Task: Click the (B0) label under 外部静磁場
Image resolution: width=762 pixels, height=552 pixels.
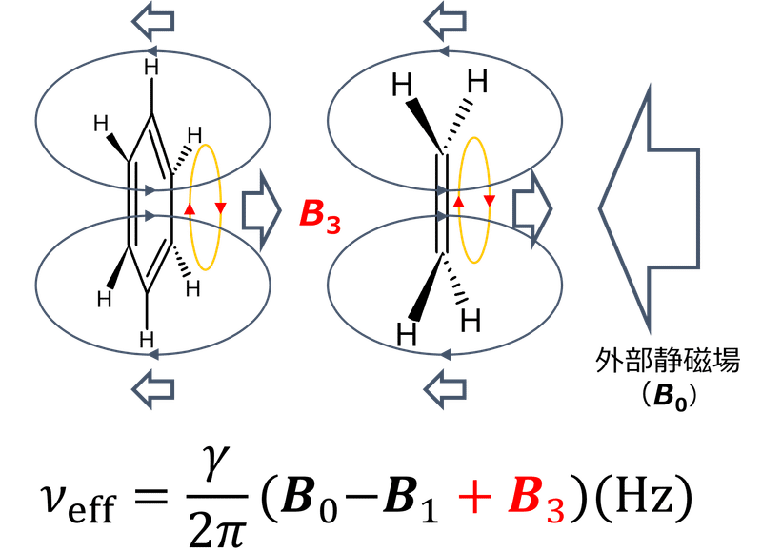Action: pos(651,397)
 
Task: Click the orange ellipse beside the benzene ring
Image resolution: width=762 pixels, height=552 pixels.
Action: pos(205,189)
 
